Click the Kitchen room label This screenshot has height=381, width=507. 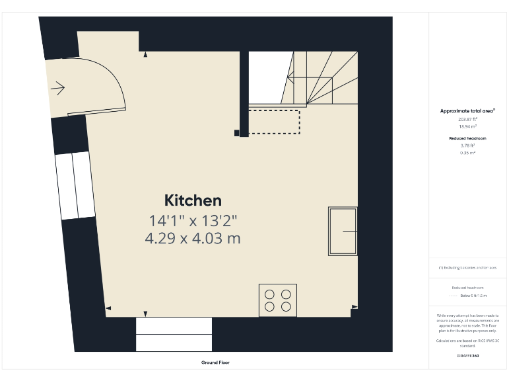(x=193, y=200)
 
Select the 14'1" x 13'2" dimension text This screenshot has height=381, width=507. (x=193, y=220)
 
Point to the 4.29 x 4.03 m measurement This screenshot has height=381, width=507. (x=193, y=238)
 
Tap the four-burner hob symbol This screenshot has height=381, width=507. (x=278, y=300)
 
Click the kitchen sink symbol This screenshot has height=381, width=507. (x=342, y=231)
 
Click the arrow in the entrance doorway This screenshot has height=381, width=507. (x=57, y=88)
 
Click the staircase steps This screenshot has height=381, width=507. (x=323, y=79)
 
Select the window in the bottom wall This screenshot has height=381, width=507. (x=174, y=334)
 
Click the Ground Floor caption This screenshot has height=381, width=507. (x=215, y=362)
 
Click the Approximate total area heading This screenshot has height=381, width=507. (x=467, y=111)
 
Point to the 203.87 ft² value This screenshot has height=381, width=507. (x=467, y=119)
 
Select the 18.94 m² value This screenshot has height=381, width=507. (x=467, y=126)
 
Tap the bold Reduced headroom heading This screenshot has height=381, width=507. (x=467, y=138)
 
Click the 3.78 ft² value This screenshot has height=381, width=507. (x=467, y=146)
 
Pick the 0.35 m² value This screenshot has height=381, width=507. (x=467, y=152)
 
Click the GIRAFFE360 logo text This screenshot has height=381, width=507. (x=467, y=357)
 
